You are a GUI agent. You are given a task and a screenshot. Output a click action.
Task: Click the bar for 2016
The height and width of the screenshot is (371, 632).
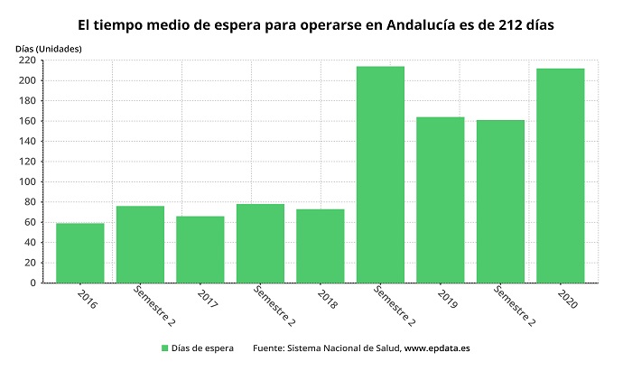(x=79, y=253)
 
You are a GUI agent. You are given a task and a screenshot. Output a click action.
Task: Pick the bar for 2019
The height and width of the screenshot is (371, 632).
(x=440, y=199)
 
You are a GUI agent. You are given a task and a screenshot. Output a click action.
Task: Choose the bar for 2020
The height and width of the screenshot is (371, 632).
(x=560, y=175)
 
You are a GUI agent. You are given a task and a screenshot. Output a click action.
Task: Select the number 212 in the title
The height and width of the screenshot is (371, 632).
(x=512, y=24)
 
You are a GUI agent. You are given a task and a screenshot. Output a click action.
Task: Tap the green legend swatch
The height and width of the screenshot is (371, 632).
(x=165, y=348)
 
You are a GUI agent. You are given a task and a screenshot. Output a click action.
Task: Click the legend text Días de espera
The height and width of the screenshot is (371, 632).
(x=202, y=348)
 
